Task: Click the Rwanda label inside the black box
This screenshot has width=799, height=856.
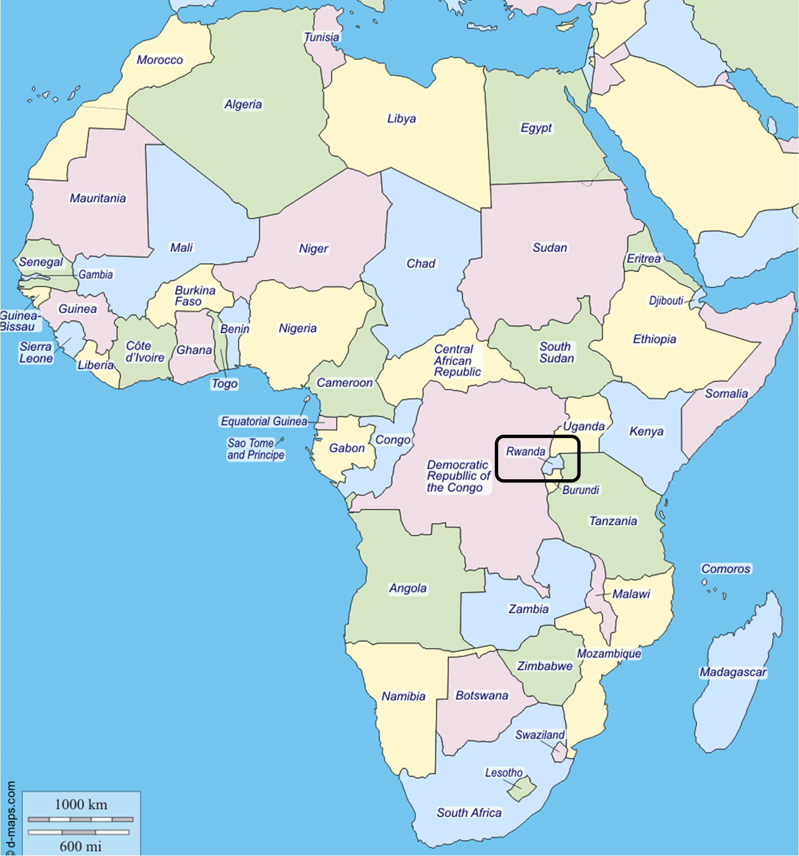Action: coord(525,451)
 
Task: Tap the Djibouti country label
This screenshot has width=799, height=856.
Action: coord(666,301)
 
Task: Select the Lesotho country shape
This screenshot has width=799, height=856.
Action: coord(522,788)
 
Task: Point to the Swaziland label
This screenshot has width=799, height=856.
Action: coord(539,735)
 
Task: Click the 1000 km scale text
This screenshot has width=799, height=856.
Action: coord(81,804)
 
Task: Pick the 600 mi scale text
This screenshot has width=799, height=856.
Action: coord(80,846)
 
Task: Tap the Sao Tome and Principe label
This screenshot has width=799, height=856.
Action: coord(255,449)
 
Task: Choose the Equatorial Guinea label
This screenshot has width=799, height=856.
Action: coord(263,421)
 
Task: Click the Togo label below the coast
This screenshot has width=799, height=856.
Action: coord(224,384)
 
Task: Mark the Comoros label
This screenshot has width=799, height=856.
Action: coord(725,569)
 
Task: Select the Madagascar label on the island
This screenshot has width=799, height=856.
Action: coord(733,672)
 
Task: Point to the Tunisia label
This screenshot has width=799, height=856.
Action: coord(321,37)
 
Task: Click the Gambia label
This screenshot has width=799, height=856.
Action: coord(96,275)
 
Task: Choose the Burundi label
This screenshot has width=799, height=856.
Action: coord(581,490)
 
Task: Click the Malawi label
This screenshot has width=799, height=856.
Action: coord(631,594)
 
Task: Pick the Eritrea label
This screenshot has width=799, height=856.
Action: coord(643,259)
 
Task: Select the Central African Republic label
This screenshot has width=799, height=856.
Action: coord(457,361)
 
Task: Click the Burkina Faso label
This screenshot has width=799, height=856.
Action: coord(195,296)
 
